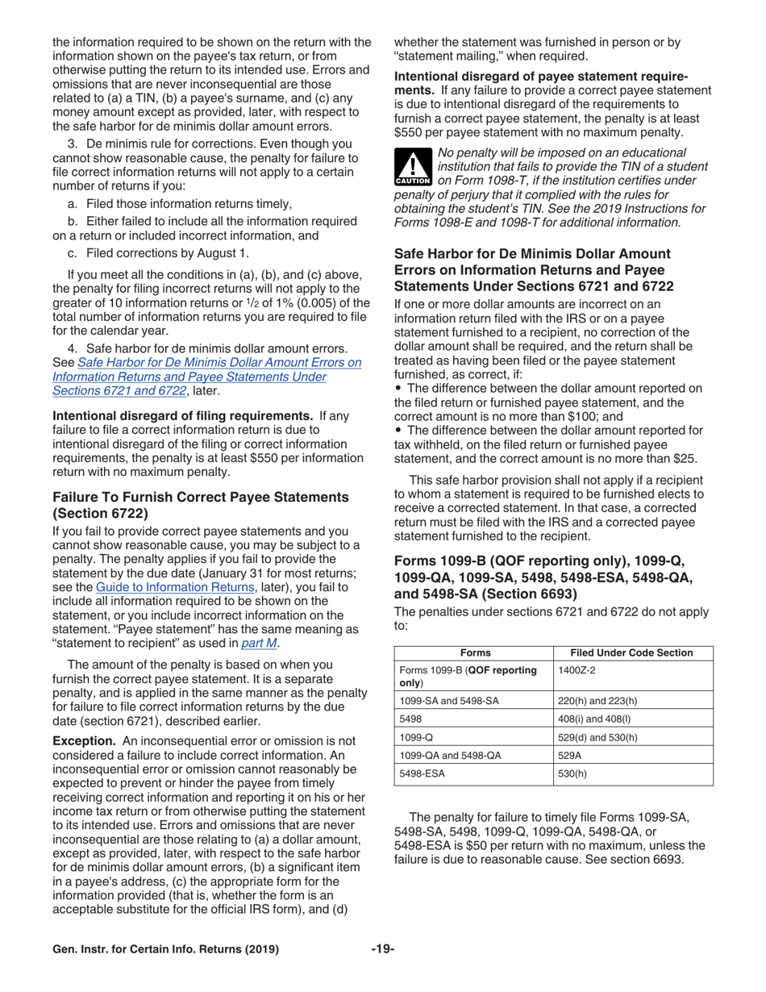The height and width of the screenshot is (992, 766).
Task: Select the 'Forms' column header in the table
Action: click(x=475, y=631)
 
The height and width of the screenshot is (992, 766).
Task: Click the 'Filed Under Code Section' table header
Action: click(x=631, y=631)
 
